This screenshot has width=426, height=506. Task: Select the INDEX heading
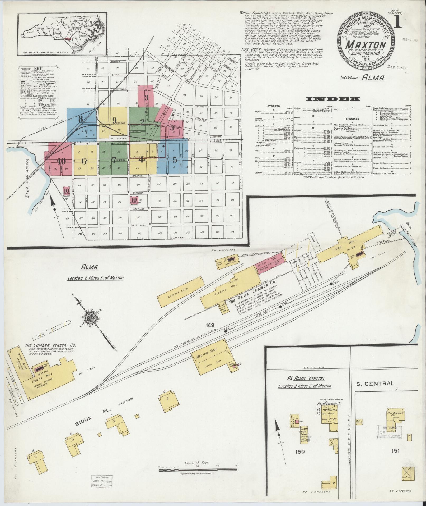click(x=333, y=99)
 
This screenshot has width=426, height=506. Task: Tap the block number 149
click(x=210, y=325)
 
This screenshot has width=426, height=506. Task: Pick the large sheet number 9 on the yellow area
click(x=114, y=120)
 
